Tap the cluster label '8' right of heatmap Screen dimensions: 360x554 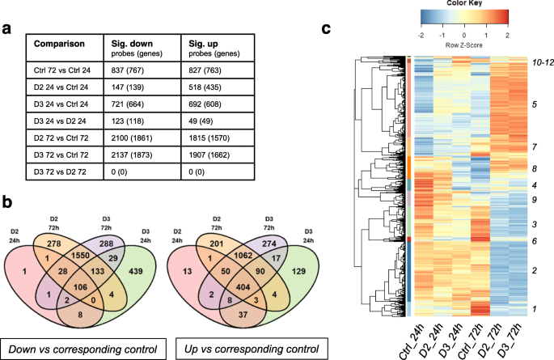click(533, 168)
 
